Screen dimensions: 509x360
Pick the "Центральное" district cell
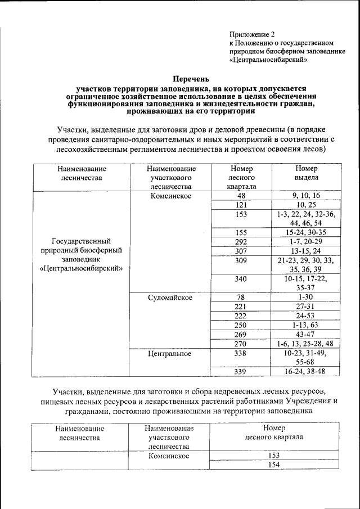[x=170, y=354]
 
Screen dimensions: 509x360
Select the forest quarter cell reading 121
[x=241, y=205]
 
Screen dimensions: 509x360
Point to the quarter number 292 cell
[x=241, y=241]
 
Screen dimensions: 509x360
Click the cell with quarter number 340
[x=241, y=279]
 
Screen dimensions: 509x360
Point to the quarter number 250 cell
[x=241, y=325]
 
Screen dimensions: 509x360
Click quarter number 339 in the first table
[x=241, y=372]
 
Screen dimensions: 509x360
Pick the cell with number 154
[x=274, y=465]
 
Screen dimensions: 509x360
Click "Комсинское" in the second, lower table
[x=170, y=456]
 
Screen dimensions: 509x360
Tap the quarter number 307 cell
[x=241, y=251]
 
